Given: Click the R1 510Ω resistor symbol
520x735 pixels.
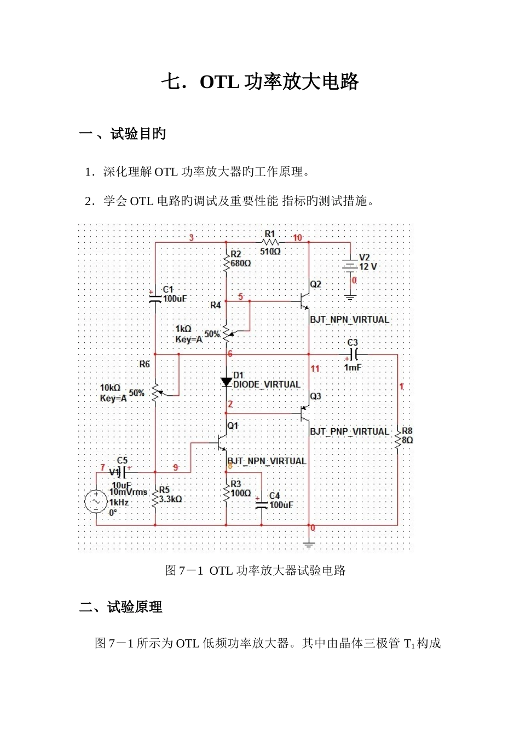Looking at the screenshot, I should click(270, 242).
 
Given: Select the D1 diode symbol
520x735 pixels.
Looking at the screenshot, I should click(227, 382).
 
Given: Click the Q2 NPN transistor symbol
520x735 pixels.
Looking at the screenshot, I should click(305, 301).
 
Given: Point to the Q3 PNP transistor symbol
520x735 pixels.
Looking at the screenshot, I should click(305, 413).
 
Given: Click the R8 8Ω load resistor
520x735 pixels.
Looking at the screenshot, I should click(398, 436).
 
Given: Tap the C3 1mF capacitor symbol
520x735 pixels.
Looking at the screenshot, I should click(353, 354).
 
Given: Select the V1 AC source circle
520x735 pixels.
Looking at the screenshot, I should click(96, 501).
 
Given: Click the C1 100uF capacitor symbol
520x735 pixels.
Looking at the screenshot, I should click(155, 299).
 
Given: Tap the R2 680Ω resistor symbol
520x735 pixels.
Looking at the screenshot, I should click(227, 262).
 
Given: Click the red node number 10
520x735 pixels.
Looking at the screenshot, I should click(297, 238).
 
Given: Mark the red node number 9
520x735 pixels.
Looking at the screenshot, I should click(176, 468).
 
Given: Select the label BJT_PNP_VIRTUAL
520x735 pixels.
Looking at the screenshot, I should click(349, 431).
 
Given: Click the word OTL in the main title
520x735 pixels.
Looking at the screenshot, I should click(219, 82).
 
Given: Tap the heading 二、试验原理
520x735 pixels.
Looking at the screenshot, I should click(121, 608).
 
